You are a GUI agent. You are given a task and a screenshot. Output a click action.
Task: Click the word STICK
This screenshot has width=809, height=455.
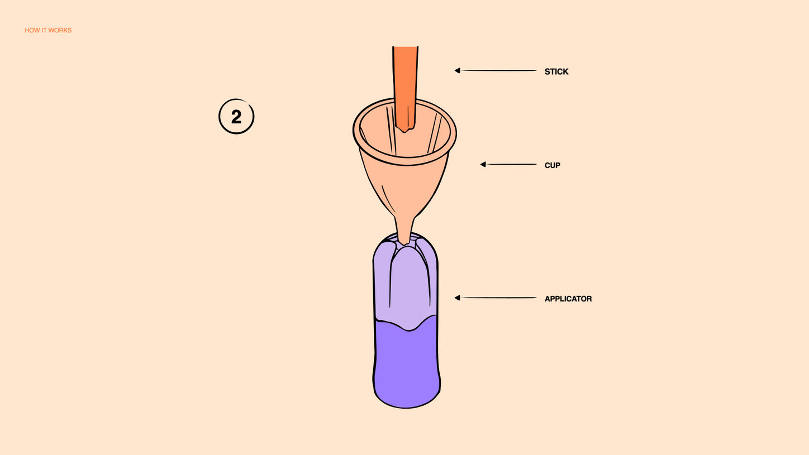[x=556, y=71]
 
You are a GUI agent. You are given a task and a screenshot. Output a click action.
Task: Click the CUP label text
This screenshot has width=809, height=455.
[x=552, y=165]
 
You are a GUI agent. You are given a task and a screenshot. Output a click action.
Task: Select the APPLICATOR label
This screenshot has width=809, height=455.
[x=568, y=299]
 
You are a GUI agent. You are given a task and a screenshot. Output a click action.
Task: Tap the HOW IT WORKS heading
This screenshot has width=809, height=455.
[x=48, y=30]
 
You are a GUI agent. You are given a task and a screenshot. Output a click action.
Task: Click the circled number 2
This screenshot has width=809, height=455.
[x=236, y=117]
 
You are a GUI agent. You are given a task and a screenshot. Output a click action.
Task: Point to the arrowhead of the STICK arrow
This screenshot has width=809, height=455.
[x=457, y=70]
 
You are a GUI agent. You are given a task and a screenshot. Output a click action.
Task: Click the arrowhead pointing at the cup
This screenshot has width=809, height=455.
[x=483, y=164]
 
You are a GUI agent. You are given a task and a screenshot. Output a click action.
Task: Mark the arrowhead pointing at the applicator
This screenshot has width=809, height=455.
[x=457, y=298]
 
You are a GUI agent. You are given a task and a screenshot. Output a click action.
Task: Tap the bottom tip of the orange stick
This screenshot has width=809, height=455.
[x=406, y=130]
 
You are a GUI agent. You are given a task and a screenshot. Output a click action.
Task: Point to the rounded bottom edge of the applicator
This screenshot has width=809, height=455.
[x=407, y=406]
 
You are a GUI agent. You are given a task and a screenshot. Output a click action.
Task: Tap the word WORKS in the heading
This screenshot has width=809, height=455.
[x=61, y=30]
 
